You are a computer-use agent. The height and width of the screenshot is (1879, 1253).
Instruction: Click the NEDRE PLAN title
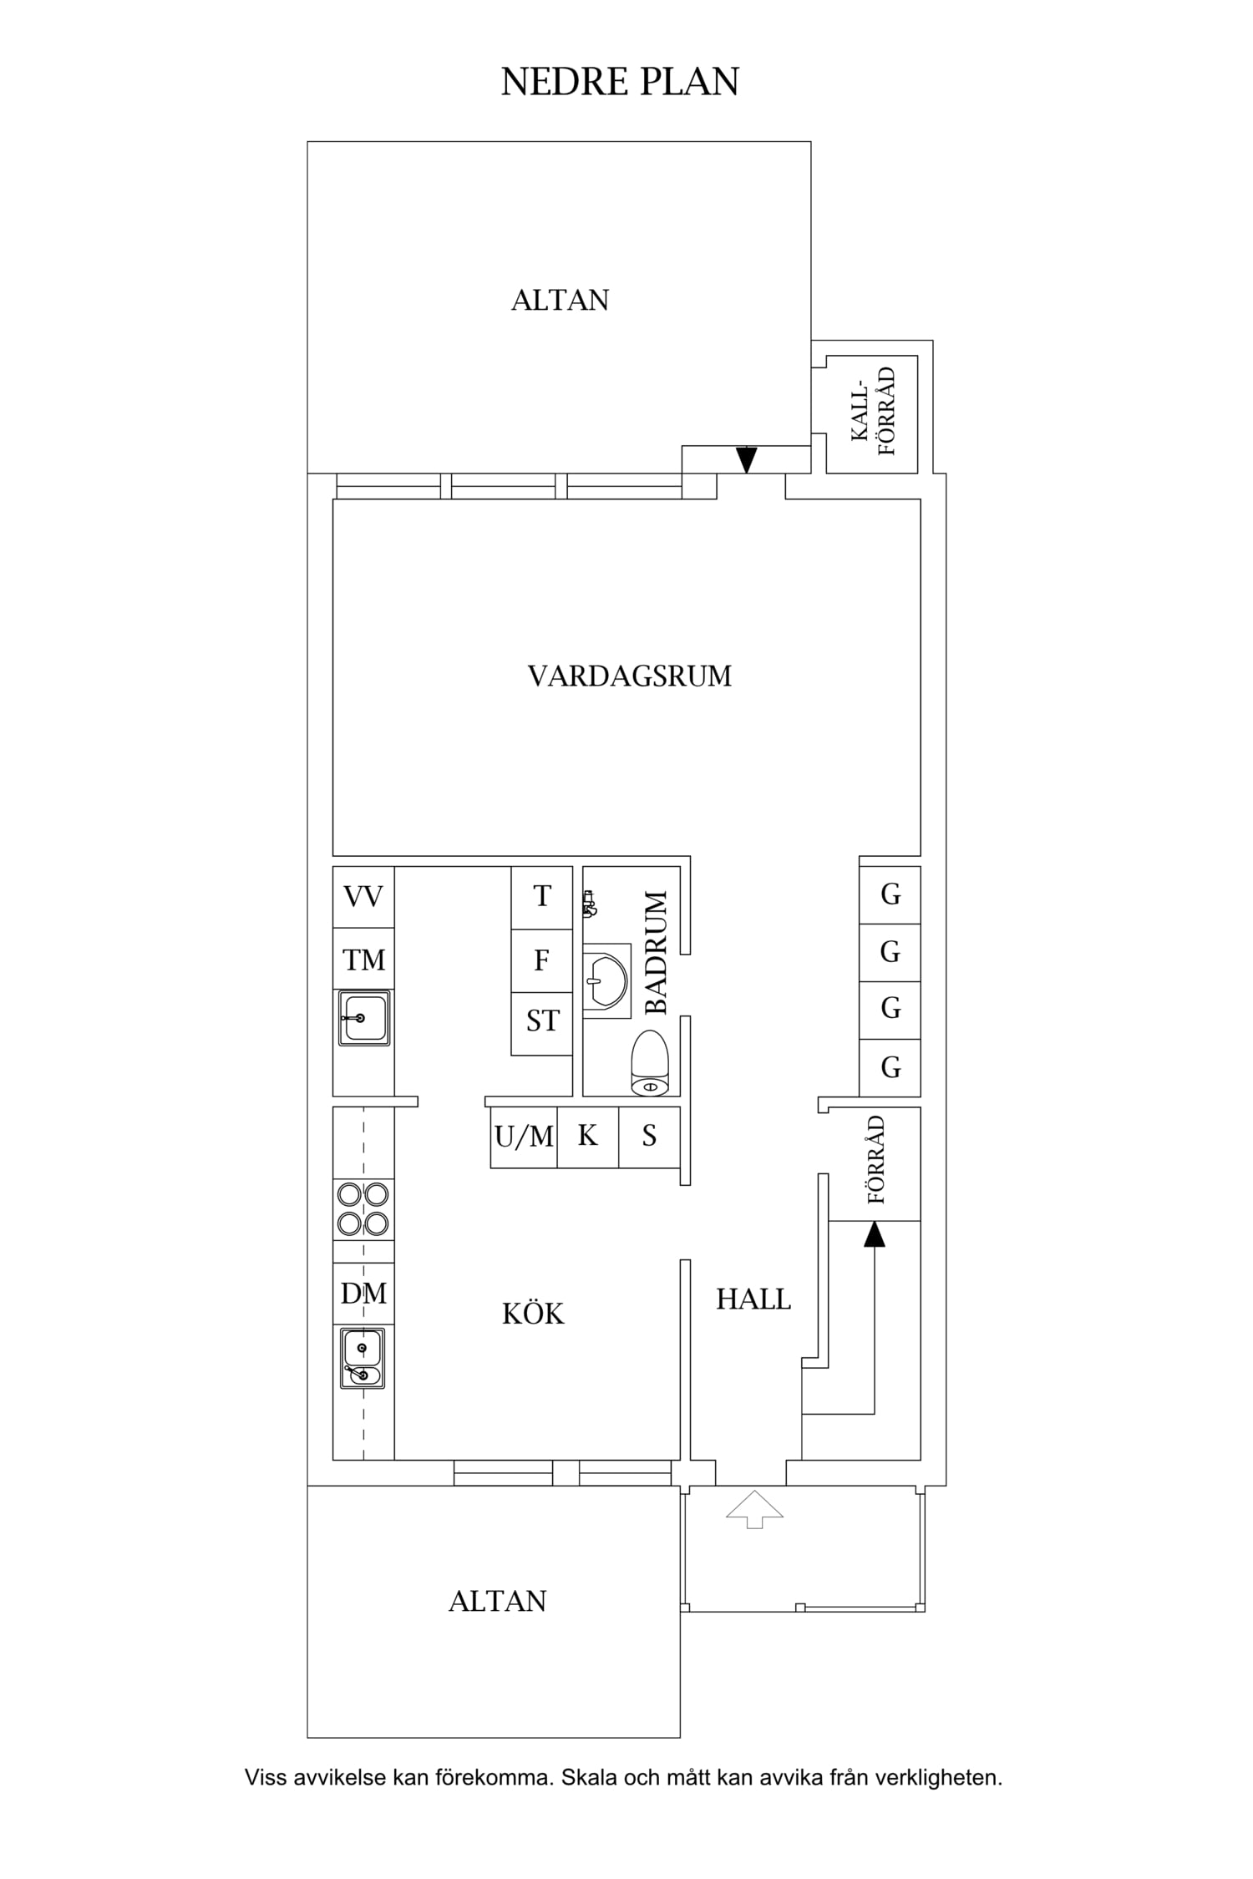tap(620, 83)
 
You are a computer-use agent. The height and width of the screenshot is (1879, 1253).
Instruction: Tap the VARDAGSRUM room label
tap(629, 676)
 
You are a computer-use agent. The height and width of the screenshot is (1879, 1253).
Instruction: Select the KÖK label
tap(533, 1313)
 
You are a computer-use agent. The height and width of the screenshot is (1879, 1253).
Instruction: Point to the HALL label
tap(753, 1299)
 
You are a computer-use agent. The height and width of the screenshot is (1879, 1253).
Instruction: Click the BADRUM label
tap(657, 953)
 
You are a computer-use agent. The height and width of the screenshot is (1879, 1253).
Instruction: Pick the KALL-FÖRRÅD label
tap(874, 411)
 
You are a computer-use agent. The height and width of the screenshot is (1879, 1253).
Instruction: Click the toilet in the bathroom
tap(650, 1063)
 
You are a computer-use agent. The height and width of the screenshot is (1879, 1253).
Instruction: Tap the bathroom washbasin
tap(606, 980)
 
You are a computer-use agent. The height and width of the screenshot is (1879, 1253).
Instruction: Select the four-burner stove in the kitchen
tap(363, 1209)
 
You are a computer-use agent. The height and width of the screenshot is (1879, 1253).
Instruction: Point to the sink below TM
tap(363, 1018)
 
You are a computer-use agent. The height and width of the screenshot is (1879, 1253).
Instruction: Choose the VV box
tap(363, 897)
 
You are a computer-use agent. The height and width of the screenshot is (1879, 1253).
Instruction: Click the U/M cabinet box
tap(524, 1137)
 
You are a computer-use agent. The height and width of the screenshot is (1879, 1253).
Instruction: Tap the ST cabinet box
tap(542, 1024)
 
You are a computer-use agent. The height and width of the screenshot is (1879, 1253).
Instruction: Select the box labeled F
tap(542, 961)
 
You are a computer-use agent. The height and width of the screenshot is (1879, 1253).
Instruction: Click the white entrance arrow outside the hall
tap(754, 1509)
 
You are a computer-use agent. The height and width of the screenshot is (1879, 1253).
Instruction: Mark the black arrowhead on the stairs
tap(874, 1234)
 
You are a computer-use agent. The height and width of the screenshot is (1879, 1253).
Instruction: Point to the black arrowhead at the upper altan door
tap(746, 460)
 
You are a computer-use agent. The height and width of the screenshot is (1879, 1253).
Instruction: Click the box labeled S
tap(649, 1137)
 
